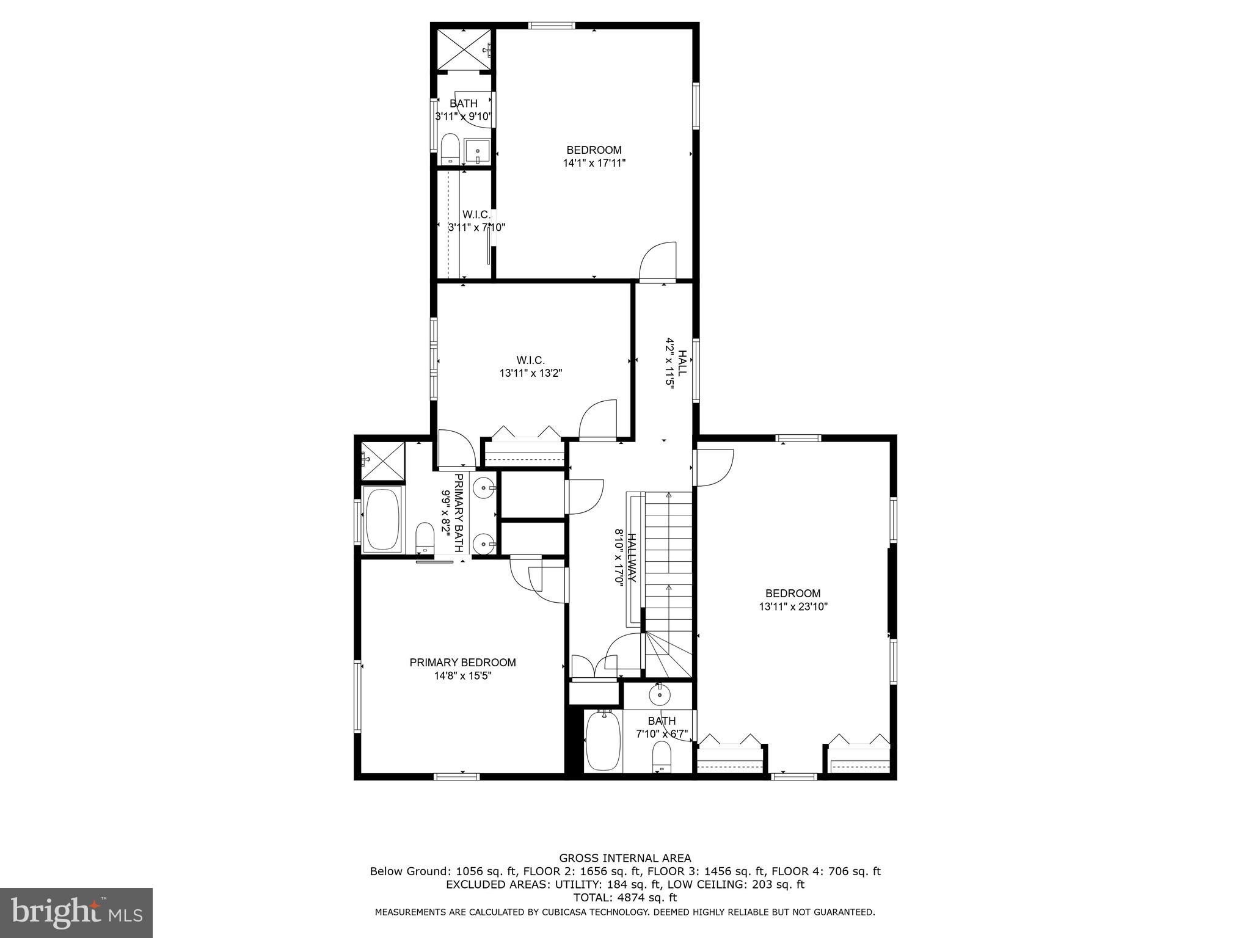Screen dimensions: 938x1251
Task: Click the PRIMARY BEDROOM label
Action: click(462, 663)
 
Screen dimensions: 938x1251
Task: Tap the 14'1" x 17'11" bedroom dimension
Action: click(594, 163)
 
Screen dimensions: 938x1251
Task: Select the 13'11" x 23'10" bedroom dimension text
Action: click(793, 606)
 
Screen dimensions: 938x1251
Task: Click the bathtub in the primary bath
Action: click(383, 520)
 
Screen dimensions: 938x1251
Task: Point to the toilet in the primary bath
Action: click(425, 537)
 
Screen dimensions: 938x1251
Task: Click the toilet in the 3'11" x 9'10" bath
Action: click(450, 148)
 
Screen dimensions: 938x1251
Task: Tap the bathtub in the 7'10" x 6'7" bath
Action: click(603, 742)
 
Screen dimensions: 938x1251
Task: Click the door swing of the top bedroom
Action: click(658, 261)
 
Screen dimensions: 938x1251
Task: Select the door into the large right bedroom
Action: click(713, 467)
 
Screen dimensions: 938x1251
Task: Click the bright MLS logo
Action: click(76, 912)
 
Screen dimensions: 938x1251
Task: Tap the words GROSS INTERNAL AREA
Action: click(625, 858)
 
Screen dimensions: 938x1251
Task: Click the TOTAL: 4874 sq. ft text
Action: click(625, 898)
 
